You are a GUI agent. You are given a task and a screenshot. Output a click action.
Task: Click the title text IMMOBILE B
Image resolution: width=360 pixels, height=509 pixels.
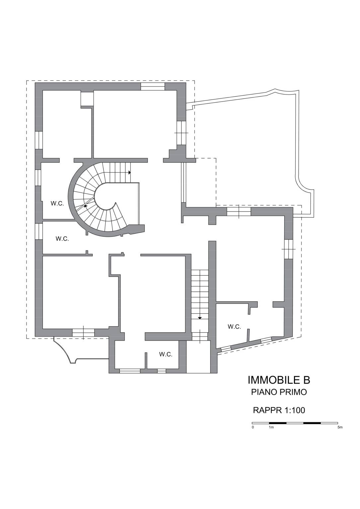click(279, 380)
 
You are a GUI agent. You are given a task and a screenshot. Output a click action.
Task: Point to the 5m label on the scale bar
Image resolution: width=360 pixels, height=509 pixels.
click(340, 427)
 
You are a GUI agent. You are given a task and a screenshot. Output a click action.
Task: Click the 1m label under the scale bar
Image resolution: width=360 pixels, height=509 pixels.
click(271, 427)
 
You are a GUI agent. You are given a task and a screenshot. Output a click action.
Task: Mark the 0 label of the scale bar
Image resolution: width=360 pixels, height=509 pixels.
click(253, 427)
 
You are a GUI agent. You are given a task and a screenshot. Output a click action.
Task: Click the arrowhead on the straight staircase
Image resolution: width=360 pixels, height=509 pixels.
click(200, 318)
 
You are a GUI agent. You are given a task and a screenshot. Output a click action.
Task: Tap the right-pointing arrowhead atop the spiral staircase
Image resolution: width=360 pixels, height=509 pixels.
click(129, 172)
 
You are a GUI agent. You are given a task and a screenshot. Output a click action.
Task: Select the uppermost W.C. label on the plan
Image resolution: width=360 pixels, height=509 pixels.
click(57, 203)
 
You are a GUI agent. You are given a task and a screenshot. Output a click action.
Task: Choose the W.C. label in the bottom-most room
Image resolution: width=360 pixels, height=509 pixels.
click(166, 354)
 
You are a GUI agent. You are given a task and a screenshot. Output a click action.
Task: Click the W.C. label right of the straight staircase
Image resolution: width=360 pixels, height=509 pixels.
click(234, 327)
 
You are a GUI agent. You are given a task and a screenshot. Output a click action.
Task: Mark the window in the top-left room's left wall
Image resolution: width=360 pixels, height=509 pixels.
click(39, 140)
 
